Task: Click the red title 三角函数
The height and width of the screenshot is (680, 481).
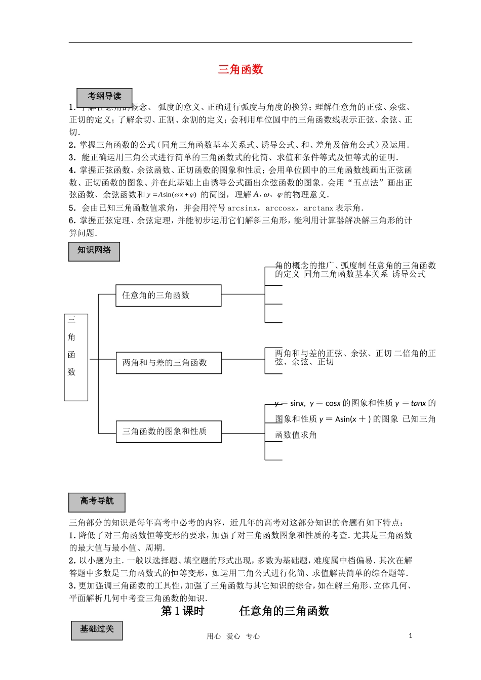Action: click(x=240, y=69)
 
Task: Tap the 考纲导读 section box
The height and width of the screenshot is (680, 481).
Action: click(x=104, y=97)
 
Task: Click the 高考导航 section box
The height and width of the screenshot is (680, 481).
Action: click(x=97, y=502)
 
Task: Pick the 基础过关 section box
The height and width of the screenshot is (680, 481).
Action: click(x=97, y=630)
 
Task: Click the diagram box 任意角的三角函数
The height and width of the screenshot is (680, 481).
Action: click(x=168, y=295)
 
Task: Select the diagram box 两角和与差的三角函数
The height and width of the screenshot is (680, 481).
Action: click(x=169, y=363)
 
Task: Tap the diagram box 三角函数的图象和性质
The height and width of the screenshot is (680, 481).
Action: click(x=169, y=432)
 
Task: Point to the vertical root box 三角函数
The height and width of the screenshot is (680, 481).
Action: click(x=76, y=357)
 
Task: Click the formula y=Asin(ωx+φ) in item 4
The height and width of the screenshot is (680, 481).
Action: click(x=172, y=195)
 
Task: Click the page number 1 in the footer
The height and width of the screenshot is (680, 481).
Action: click(x=410, y=636)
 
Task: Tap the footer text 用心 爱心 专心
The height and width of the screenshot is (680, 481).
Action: click(x=233, y=636)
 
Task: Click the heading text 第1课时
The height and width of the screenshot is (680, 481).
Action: click(x=182, y=611)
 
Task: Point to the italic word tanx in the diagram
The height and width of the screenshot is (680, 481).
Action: click(x=418, y=403)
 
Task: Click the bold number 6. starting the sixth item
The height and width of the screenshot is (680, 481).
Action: click(x=72, y=221)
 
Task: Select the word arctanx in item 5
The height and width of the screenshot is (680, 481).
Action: click(x=318, y=208)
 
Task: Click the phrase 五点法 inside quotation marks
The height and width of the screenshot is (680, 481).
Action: click(x=366, y=183)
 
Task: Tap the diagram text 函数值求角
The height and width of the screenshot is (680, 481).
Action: click(x=296, y=435)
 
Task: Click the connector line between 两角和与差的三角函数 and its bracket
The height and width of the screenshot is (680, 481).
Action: click(x=243, y=360)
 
